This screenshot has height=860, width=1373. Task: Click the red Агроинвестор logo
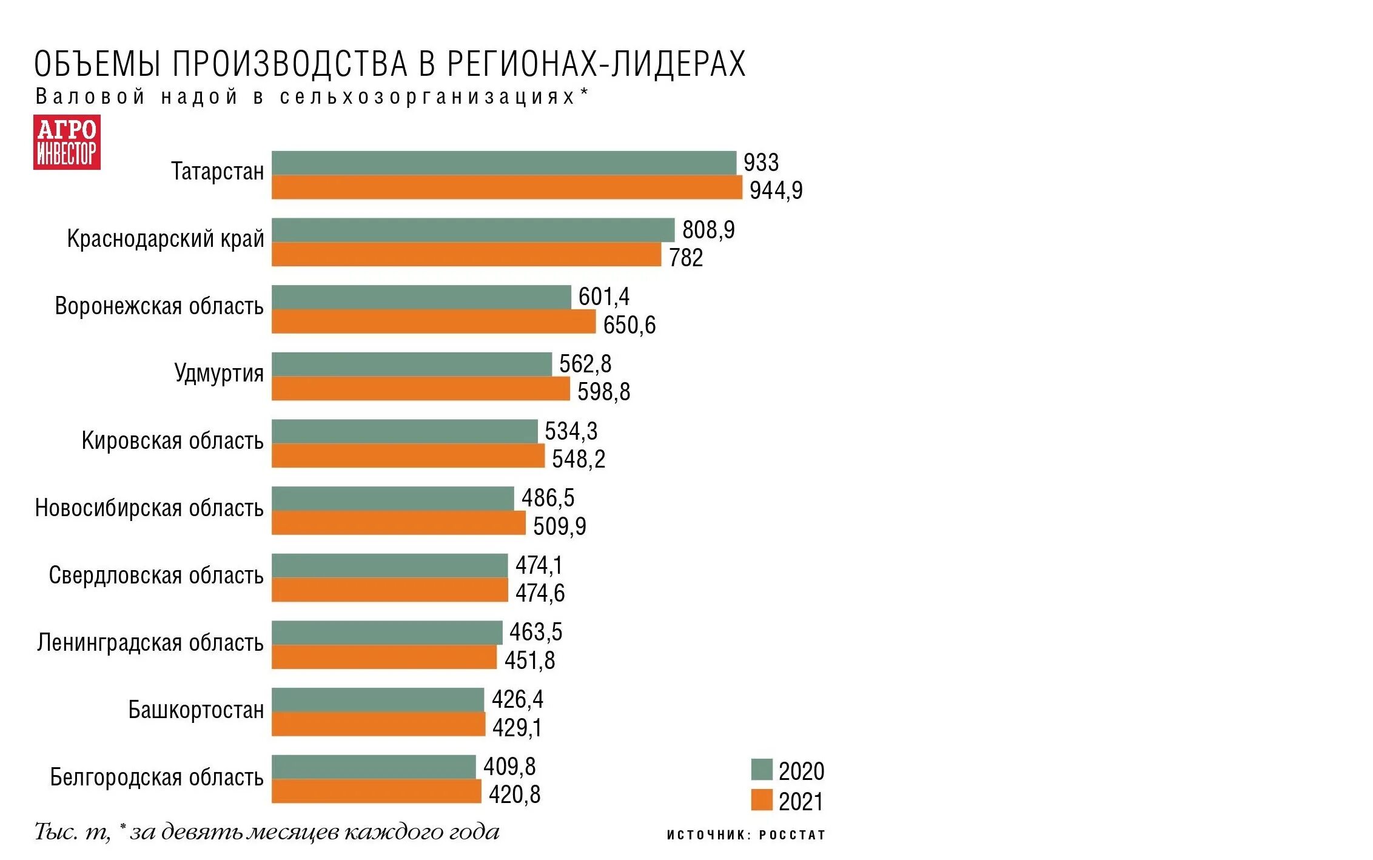click(67, 143)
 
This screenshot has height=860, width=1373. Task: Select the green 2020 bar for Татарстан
click(503, 163)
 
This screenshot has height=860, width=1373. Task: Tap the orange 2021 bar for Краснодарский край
click(466, 255)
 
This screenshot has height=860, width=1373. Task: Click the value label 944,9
click(776, 190)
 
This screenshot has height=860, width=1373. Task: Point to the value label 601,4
click(603, 297)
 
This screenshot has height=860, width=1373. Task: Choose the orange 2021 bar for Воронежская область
click(433, 322)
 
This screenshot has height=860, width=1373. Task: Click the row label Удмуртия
click(219, 373)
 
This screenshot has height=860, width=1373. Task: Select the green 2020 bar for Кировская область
click(404, 431)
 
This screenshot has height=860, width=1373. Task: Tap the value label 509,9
click(559, 526)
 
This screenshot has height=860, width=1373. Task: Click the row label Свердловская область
click(156, 575)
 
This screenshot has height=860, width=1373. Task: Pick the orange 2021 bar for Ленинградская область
click(384, 657)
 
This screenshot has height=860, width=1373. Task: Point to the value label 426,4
click(517, 699)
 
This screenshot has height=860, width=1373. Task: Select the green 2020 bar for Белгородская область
click(373, 767)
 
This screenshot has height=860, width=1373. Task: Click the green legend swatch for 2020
click(761, 770)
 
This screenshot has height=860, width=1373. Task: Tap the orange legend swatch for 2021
click(761, 800)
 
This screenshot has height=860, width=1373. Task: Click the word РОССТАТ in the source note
click(792, 835)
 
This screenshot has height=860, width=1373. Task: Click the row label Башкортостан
click(196, 710)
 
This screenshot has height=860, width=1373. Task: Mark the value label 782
click(685, 258)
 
